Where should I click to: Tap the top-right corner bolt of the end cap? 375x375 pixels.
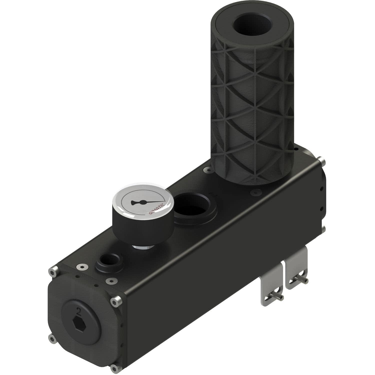pos(116,301)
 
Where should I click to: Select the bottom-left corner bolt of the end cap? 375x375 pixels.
pos(52,339)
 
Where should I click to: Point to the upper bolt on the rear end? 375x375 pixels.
pos(323,161)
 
